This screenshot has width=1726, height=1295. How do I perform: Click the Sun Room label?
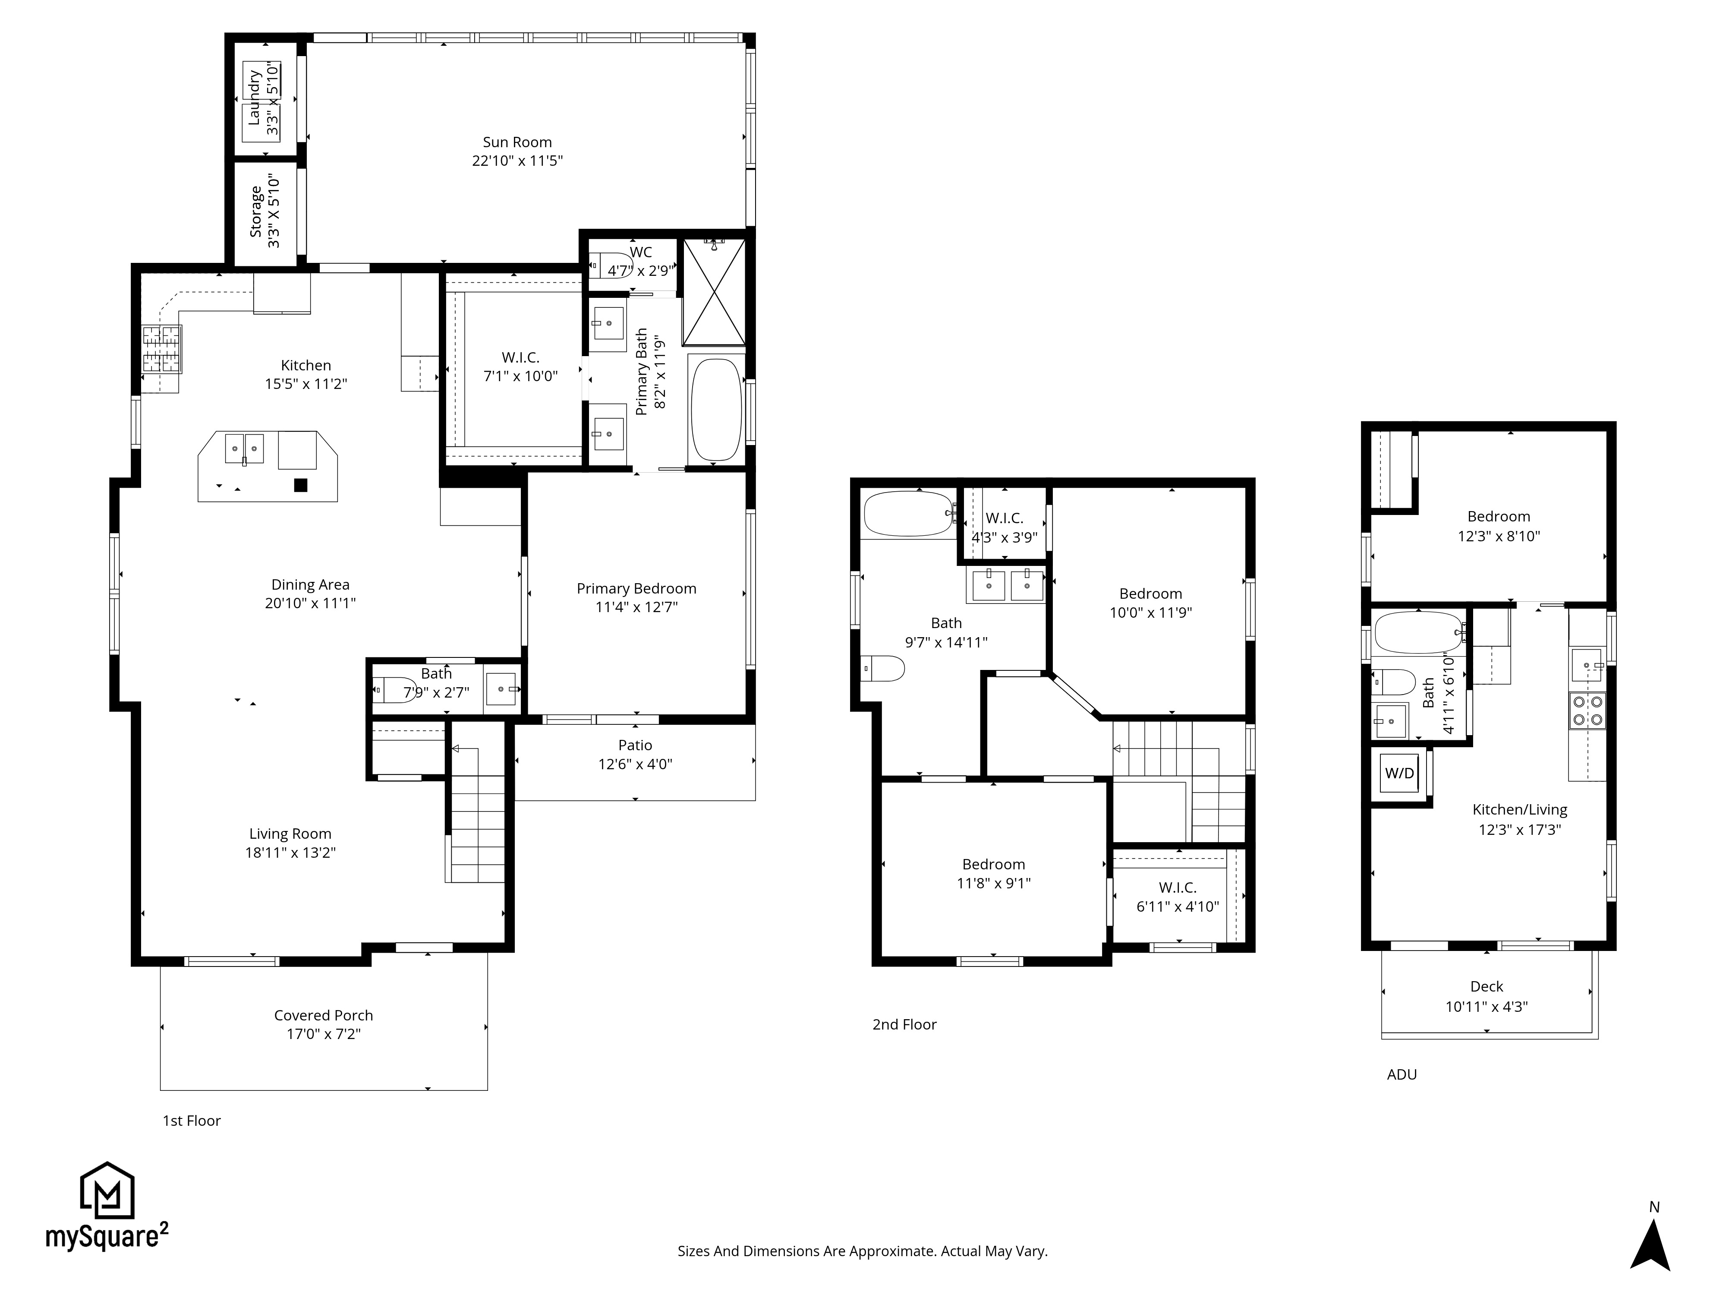coord(517,142)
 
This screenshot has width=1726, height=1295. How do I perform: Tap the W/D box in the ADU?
coord(1399,773)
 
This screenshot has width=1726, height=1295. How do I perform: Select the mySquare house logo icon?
coord(108,1191)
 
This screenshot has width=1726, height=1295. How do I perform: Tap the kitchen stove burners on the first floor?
coord(161,348)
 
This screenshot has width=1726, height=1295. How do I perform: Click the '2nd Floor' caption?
coord(904,1024)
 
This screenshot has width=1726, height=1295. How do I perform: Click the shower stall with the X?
coord(714,292)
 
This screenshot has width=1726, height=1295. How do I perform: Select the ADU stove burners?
coord(1587,711)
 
